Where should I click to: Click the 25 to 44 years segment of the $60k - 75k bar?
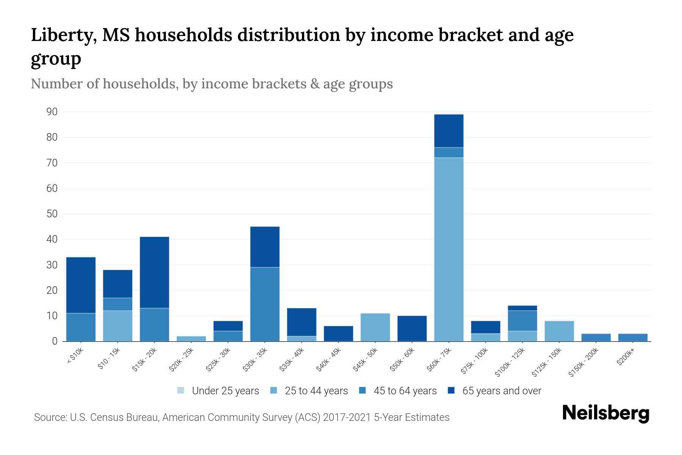(449, 249)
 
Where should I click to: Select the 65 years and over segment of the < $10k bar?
(81, 285)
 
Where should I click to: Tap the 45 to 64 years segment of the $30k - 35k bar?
(265, 304)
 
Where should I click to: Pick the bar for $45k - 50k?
(375, 327)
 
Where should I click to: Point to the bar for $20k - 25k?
(191, 339)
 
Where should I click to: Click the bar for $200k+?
(632, 337)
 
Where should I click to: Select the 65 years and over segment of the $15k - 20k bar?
(154, 272)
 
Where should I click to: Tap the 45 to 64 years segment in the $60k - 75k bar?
(449, 152)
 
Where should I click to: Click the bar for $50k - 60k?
(412, 328)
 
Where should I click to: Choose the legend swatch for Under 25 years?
(181, 391)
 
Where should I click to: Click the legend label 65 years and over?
(502, 391)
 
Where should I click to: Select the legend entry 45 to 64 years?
(405, 391)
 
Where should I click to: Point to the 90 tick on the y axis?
(52, 112)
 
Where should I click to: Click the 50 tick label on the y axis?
(52, 214)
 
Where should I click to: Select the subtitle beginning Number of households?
(211, 84)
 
